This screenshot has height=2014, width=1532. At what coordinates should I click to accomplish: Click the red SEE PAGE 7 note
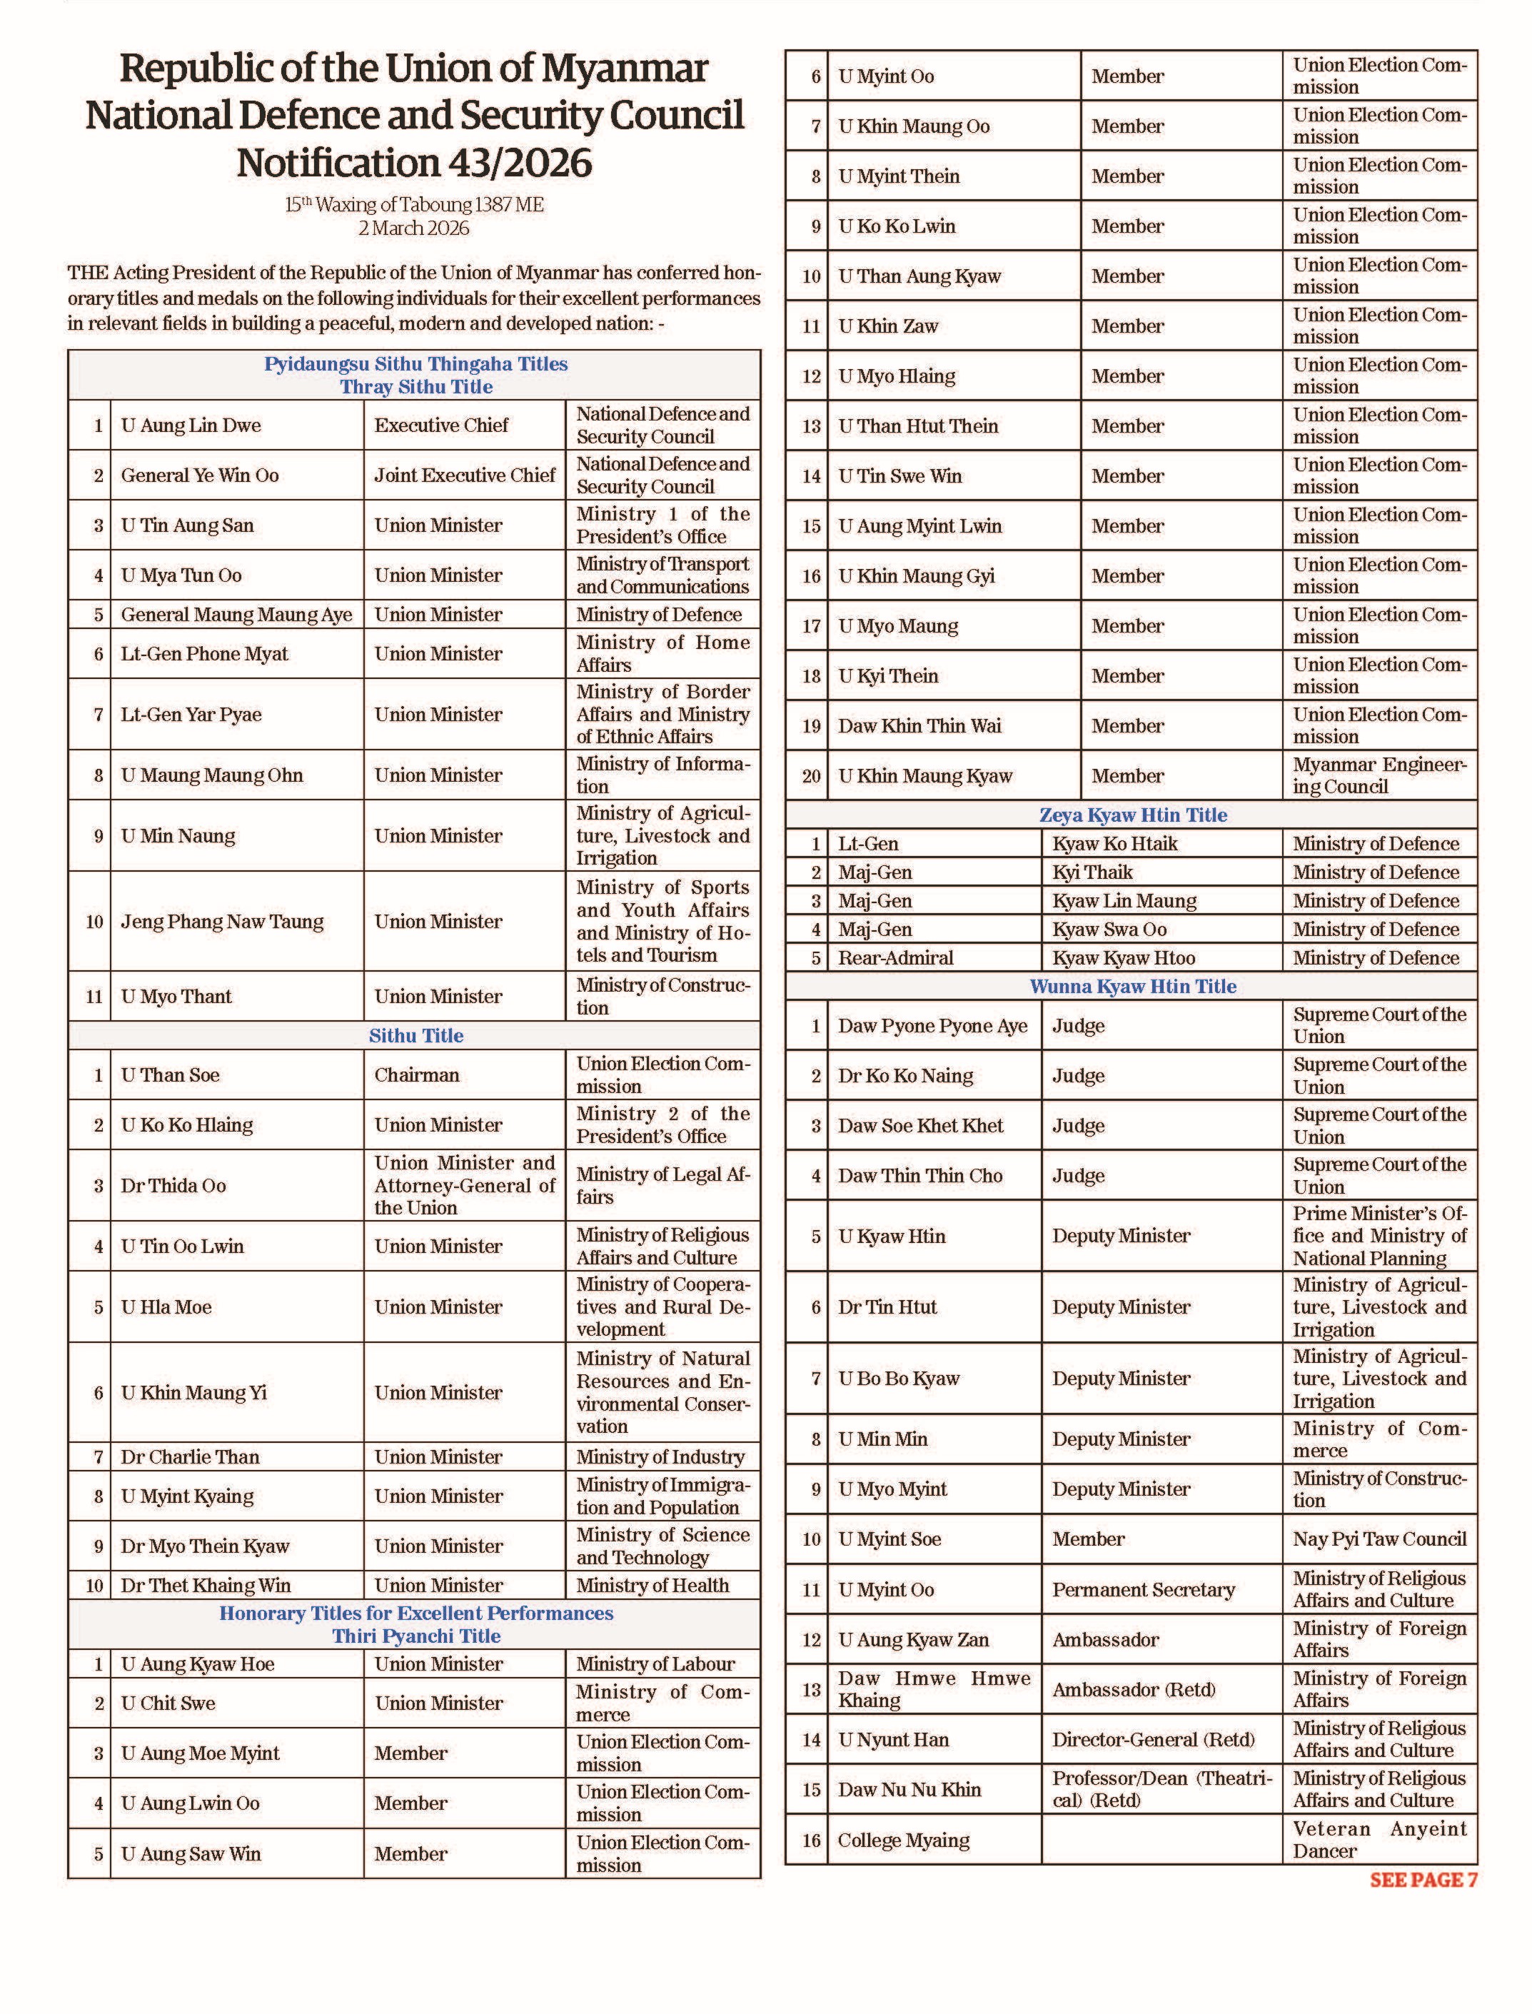tap(1423, 1880)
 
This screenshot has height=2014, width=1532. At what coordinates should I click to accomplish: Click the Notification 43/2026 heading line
tap(414, 163)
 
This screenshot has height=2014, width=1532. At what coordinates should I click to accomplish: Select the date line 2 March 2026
tap(414, 228)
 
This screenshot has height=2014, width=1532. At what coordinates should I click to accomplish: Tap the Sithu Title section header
tap(415, 1036)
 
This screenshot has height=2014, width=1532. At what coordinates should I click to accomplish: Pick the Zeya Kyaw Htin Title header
tap(1133, 815)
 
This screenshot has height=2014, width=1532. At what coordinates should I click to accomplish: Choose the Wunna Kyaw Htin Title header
tap(1133, 987)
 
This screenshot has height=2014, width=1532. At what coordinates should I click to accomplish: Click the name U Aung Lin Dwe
tap(191, 425)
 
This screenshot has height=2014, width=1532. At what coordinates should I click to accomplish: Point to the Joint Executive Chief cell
tap(464, 475)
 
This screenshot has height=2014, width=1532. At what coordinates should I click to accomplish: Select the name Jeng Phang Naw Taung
tap(221, 921)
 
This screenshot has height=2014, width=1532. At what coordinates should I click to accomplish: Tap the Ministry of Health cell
tap(652, 1586)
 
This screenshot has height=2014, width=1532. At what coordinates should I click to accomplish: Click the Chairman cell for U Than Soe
tap(417, 1075)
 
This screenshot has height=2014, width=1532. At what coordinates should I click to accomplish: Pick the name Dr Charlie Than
tap(190, 1457)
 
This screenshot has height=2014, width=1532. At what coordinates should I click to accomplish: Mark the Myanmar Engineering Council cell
tap(1379, 776)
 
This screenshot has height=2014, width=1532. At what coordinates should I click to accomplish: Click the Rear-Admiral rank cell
tap(895, 958)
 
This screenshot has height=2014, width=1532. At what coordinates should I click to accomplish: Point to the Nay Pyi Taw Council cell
tap(1379, 1540)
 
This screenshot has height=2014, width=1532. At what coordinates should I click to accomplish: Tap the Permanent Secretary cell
tap(1144, 1590)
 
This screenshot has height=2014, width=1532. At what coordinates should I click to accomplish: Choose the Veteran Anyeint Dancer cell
tap(1379, 1840)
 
